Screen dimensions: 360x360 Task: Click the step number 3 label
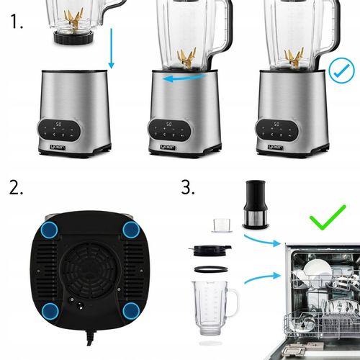(189, 189)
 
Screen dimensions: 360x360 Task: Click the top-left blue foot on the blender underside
(50, 230)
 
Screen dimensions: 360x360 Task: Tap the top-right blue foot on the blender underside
(130, 230)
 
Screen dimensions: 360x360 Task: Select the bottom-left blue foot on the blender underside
(50, 311)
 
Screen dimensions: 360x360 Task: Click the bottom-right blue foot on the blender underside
(130, 311)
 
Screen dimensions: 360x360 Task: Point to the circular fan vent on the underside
(90, 263)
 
